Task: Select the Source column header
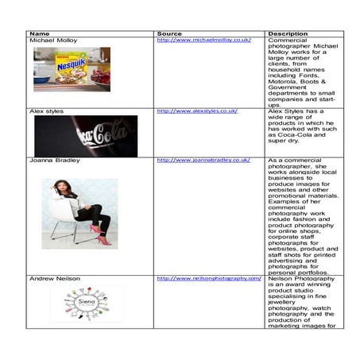coord(169,34)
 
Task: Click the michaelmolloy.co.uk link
coord(204,41)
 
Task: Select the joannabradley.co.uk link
coord(203,160)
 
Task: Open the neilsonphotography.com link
coord(208,278)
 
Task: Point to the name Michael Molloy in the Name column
coord(53,41)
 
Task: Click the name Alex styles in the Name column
coord(46,111)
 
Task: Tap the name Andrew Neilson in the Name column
coord(55,278)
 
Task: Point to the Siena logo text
coord(86,303)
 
